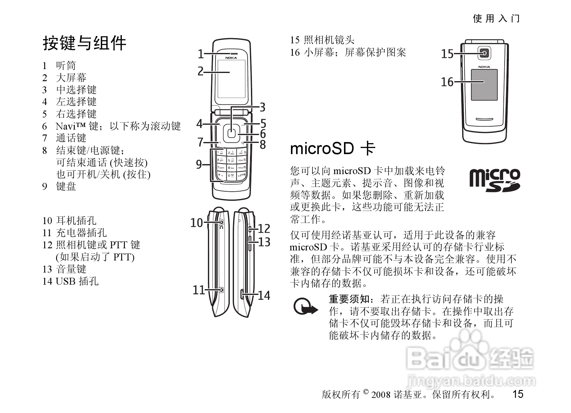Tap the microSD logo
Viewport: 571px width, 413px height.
(494, 180)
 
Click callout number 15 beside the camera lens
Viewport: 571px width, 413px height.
(447, 54)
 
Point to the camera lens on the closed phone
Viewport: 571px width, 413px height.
(485, 54)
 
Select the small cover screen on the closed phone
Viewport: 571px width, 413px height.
(484, 85)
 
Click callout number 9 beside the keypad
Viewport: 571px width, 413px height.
(199, 164)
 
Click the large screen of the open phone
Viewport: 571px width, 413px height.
(231, 79)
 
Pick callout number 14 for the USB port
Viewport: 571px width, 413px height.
(264, 296)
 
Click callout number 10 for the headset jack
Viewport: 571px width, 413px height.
(196, 223)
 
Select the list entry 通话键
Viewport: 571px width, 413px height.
(71, 138)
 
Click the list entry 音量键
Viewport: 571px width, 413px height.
(71, 269)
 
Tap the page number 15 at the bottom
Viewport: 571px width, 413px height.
(518, 394)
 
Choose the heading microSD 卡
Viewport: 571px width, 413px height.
(332, 149)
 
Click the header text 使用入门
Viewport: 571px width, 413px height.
(496, 18)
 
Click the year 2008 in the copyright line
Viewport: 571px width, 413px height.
(381, 395)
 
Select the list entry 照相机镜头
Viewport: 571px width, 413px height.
(329, 40)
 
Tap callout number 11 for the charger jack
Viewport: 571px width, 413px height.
(199, 290)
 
